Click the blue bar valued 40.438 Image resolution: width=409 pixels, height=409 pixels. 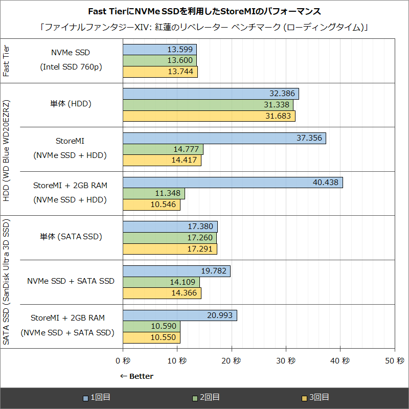[233, 183]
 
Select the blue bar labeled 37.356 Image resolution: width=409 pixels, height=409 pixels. [224, 138]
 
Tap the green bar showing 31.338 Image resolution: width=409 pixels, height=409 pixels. [208, 105]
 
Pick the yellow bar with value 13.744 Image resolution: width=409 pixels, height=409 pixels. [160, 72]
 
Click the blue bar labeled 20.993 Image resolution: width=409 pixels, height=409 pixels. [179, 315]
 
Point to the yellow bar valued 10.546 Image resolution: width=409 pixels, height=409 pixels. [151, 204]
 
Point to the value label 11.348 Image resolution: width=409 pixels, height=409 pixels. [168, 193]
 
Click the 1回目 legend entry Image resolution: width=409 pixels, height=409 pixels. [100, 397]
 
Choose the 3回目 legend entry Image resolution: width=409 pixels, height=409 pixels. [315, 397]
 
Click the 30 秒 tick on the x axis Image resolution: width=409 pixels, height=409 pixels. [286, 360]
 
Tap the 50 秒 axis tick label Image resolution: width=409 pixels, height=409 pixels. [394, 360]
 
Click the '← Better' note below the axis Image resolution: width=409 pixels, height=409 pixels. [136, 376]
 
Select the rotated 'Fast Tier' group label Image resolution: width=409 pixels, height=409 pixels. [6, 60]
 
